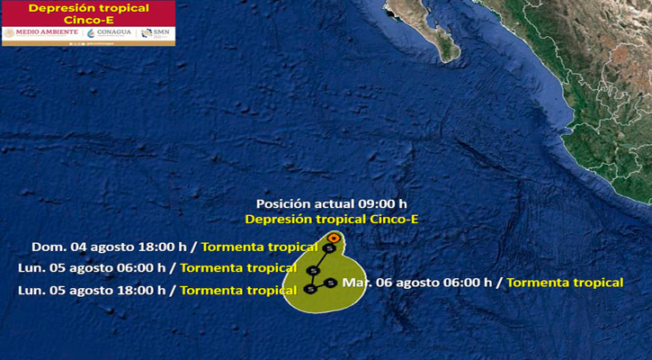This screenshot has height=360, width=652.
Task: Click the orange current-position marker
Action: pos(334,238)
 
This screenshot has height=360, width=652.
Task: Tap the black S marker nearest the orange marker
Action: pos(328,248)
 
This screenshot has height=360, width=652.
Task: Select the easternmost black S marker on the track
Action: pos(330,283)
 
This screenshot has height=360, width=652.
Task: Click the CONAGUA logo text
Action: pos(114,33)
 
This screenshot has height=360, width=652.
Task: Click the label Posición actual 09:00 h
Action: pos(332,203)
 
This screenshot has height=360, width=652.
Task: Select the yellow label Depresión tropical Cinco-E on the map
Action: pos(332,219)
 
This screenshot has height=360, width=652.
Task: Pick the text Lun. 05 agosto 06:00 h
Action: pos(93,267)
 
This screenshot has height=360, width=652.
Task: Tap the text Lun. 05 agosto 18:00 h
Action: pos(93,290)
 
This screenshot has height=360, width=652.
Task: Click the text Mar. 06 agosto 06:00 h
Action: pos(417,282)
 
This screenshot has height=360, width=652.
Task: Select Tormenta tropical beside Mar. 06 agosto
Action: pos(565,282)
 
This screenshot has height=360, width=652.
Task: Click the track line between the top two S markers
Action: pos(321,259)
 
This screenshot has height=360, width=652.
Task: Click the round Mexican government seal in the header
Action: pos(10,33)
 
